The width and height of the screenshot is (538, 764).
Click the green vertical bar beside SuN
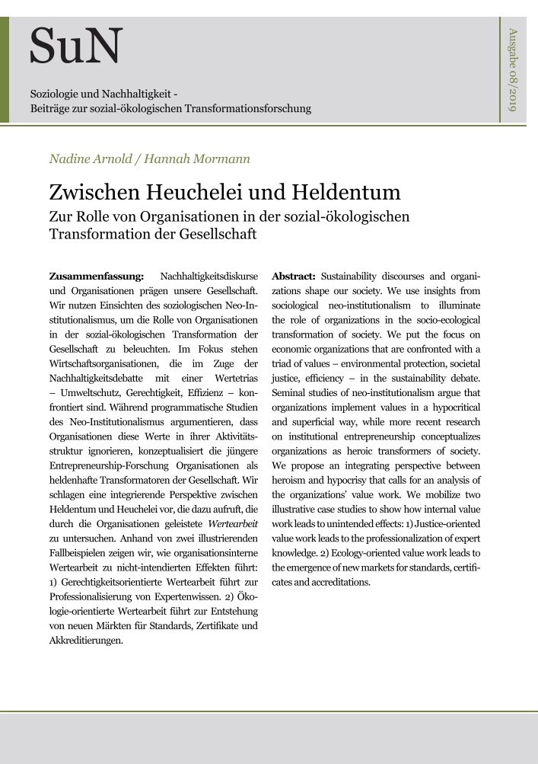point(4,69)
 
